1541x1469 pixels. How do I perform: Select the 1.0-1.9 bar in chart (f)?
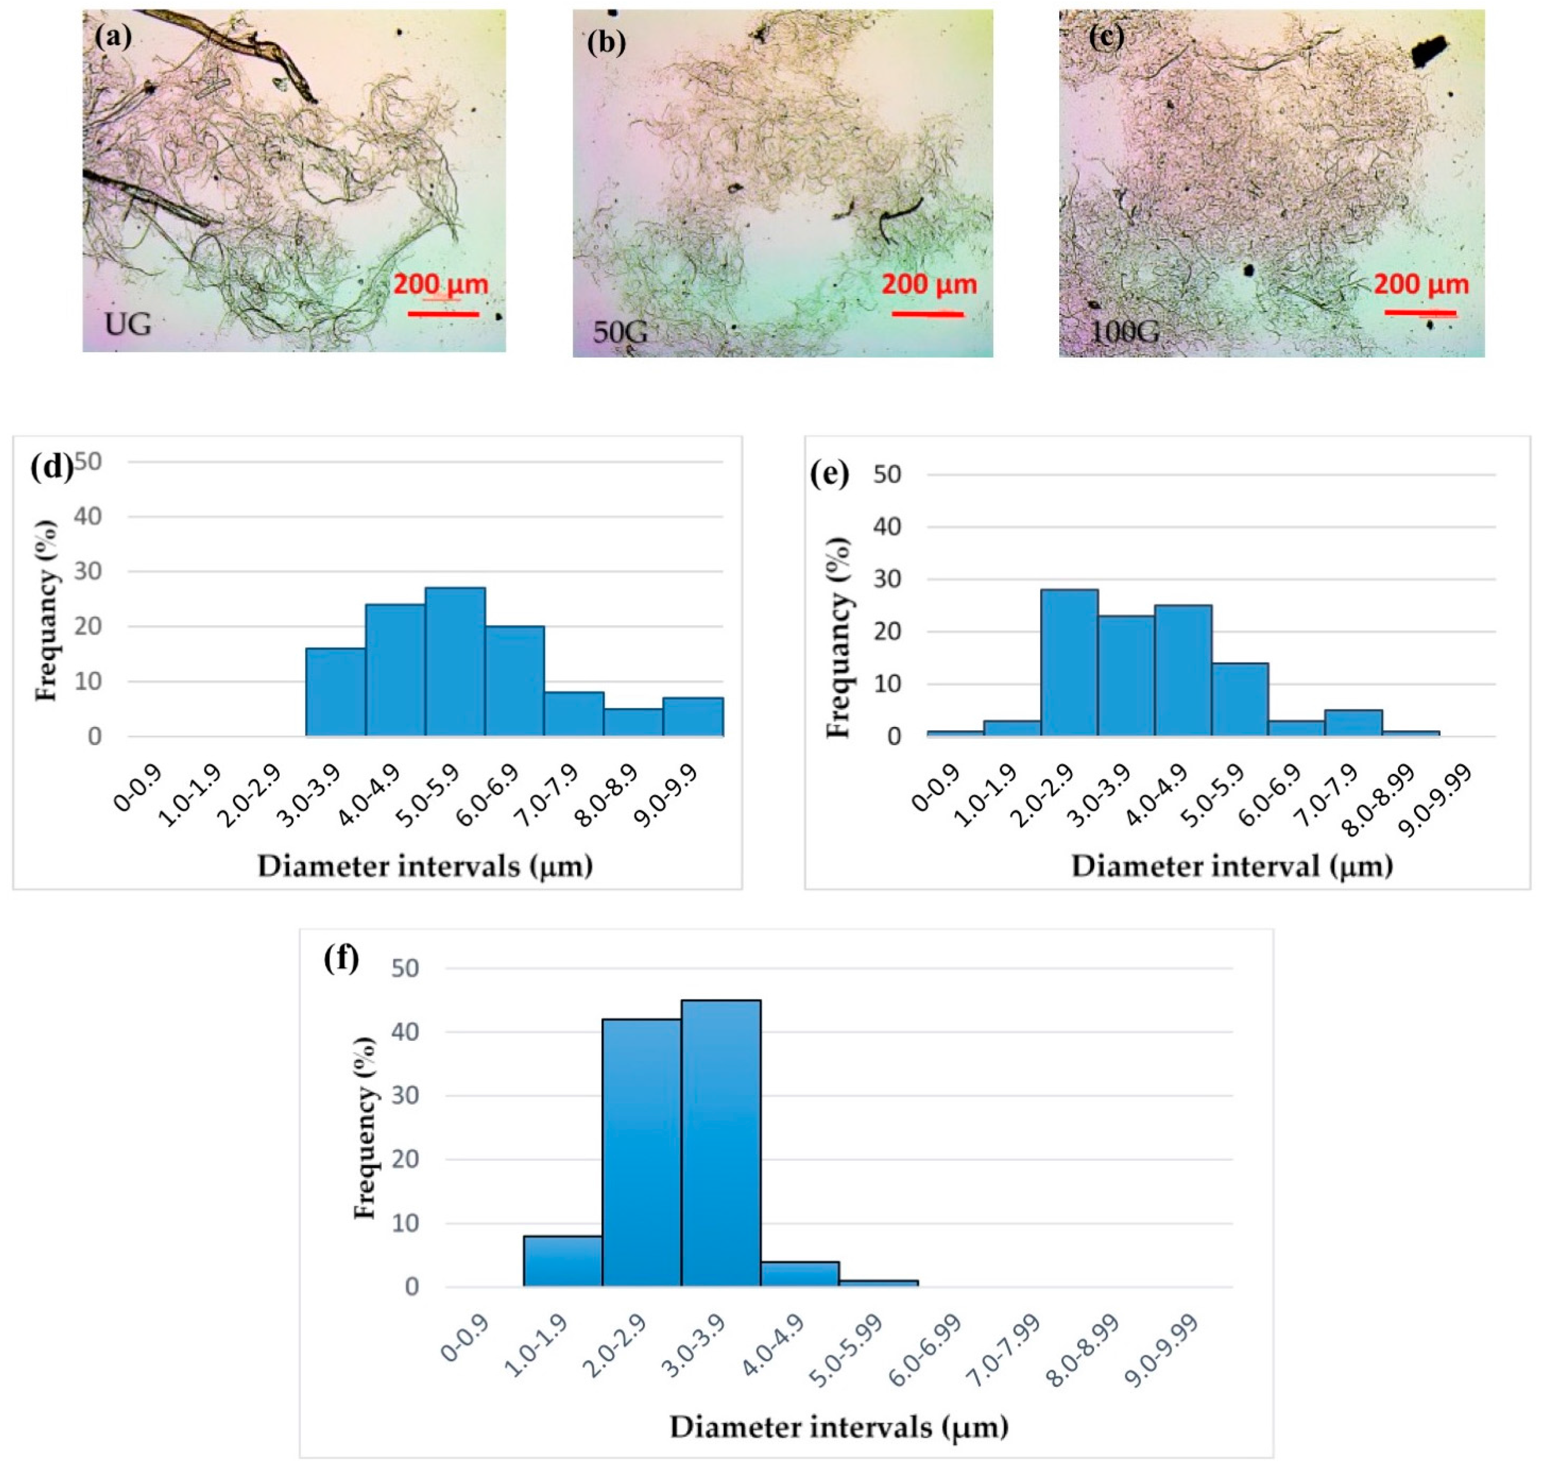pyautogui.click(x=562, y=1261)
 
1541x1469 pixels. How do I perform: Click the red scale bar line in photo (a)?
pyautogui.click(x=443, y=314)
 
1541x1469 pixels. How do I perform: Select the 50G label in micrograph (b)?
pyautogui.click(x=620, y=332)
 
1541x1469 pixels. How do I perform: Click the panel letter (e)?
pyautogui.click(x=829, y=475)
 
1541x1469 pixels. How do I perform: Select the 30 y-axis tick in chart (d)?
pyautogui.click(x=88, y=572)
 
